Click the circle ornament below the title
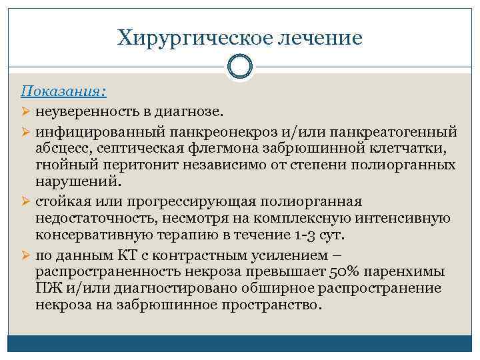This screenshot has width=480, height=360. (240, 67)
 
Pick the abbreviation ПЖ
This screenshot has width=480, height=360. (49, 289)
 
